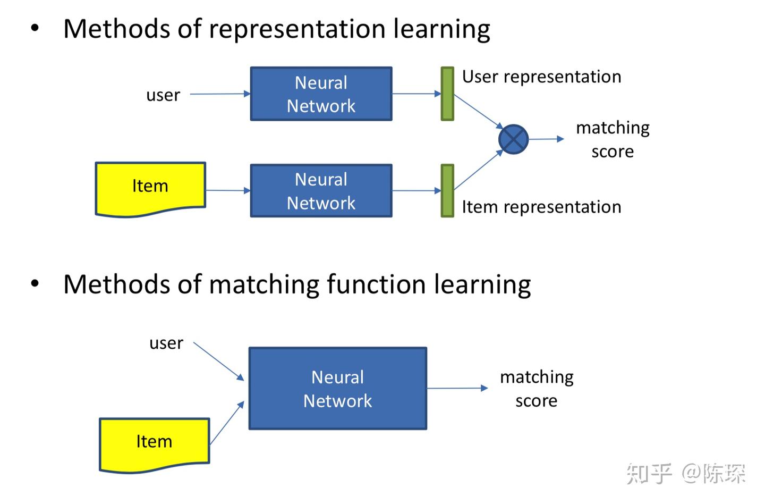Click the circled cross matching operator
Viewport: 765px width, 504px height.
click(513, 139)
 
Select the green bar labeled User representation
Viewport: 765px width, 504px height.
click(447, 94)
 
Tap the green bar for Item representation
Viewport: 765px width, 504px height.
click(447, 191)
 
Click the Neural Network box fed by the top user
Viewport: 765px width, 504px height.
click(321, 94)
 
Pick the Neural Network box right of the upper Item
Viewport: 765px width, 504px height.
click(321, 191)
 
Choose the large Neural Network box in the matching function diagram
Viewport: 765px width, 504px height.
click(338, 389)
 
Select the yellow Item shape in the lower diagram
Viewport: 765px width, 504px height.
click(155, 445)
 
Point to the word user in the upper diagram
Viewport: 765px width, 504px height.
click(163, 95)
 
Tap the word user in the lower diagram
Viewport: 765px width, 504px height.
click(166, 343)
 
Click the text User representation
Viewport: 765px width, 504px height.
click(542, 77)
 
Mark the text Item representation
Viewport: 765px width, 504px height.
click(542, 207)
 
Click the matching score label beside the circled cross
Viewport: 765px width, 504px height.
click(613, 139)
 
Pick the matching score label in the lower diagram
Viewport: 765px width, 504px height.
click(537, 389)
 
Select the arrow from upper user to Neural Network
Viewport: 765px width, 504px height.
click(220, 94)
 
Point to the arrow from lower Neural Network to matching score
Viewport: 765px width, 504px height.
click(457, 388)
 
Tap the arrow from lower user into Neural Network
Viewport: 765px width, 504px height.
click(218, 361)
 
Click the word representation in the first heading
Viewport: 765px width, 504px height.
click(297, 29)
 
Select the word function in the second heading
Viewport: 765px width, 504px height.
click(376, 284)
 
